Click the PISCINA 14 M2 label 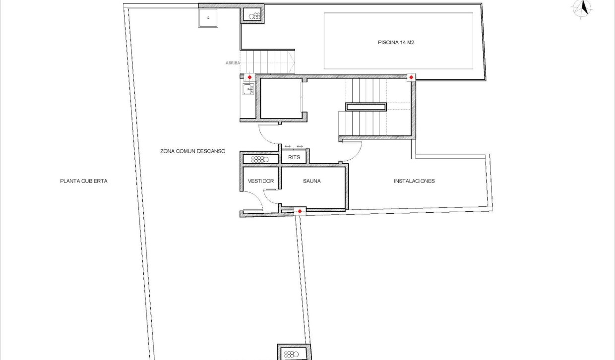click(x=396, y=43)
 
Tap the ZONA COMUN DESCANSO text click(x=193, y=151)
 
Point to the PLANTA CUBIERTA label click(x=83, y=181)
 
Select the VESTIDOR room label click(x=260, y=181)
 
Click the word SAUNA click(x=311, y=181)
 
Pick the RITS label click(x=294, y=158)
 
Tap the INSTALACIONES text click(x=414, y=181)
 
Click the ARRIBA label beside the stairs click(x=233, y=63)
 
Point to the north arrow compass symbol click(x=584, y=8)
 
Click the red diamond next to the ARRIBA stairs click(x=249, y=77)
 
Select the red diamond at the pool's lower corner click(x=411, y=77)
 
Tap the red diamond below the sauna click(x=299, y=212)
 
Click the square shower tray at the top click(x=208, y=18)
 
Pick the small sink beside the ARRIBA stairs click(x=248, y=89)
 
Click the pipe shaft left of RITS click(x=260, y=159)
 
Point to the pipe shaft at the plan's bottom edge click(x=294, y=354)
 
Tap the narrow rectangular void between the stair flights click(x=366, y=107)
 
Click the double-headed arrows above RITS click(x=294, y=146)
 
